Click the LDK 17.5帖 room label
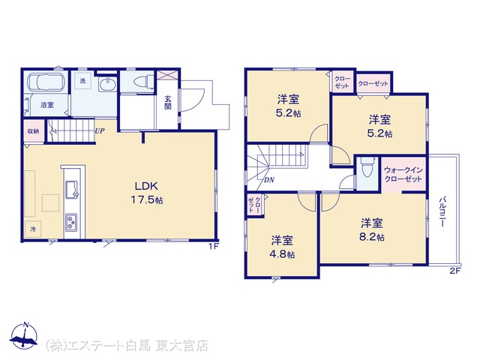coord(147,193)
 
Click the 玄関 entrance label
coord(167,102)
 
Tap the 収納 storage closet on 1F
coord(33,131)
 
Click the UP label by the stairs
coord(100,131)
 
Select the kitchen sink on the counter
coord(72,190)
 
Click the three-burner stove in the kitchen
coord(71,222)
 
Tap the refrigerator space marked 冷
coord(33,229)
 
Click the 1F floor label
coord(213,246)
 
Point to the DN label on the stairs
coord(269,180)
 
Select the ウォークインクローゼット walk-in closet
coord(403,175)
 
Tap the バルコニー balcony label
coord(442,211)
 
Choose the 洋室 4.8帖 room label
coord(282,247)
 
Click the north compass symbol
coord(24,336)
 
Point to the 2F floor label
coord(455,271)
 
